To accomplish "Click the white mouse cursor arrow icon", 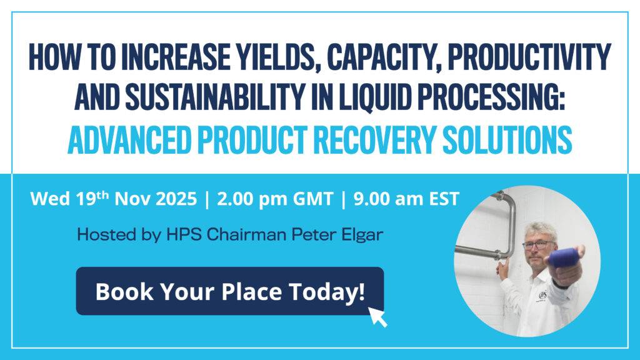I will point(377,316).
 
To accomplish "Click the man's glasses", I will point(539,243).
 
